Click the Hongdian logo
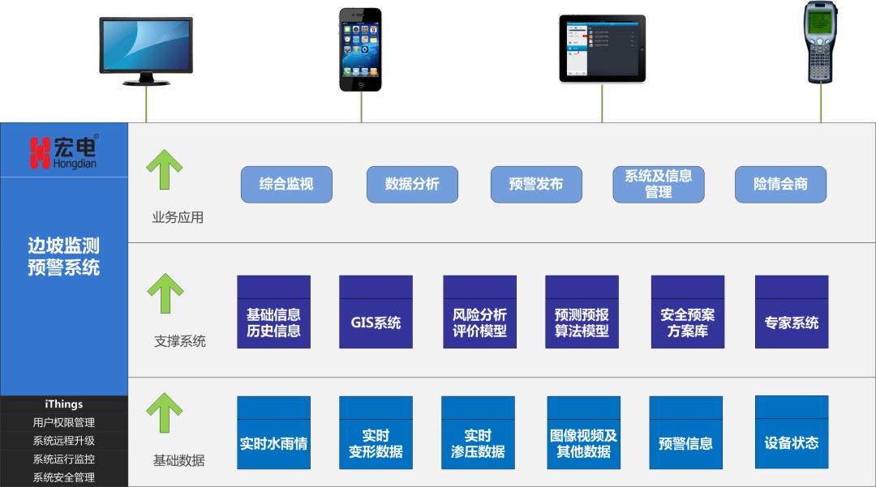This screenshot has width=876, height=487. [64, 152]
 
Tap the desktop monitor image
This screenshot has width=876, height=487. [146, 50]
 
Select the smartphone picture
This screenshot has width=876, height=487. [360, 49]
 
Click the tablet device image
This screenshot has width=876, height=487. [602, 49]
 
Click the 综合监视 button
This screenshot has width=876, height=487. [286, 184]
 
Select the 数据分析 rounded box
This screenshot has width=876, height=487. [412, 184]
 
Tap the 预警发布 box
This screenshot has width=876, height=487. [536, 184]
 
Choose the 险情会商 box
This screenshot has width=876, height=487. [780, 184]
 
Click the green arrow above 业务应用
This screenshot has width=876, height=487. [164, 169]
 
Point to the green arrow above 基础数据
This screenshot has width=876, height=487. [164, 412]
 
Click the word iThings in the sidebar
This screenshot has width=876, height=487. [64, 404]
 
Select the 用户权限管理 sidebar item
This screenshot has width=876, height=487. [64, 422]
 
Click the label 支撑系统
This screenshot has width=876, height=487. [180, 341]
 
